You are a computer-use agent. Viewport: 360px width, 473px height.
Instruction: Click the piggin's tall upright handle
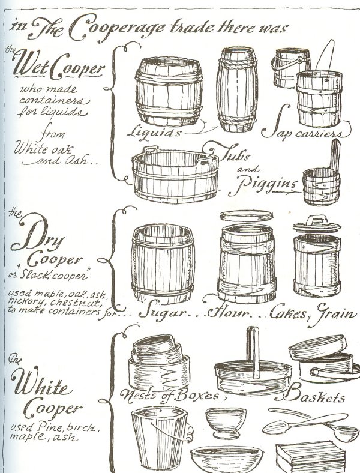[335, 155]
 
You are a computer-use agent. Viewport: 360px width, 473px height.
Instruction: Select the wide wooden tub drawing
[175, 174]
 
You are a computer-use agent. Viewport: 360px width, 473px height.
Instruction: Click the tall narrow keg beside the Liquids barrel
[237, 89]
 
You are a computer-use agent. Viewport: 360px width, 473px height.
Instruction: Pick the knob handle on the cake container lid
[316, 220]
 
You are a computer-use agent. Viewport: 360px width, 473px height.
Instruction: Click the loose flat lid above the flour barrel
[247, 216]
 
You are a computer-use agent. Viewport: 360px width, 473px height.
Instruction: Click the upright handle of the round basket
[253, 351]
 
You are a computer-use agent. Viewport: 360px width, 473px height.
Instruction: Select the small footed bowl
[226, 423]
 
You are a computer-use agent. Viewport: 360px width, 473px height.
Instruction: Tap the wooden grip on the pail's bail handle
[190, 434]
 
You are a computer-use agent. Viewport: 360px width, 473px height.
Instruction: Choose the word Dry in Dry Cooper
[38, 235]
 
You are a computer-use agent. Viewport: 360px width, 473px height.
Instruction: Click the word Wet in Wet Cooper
[30, 64]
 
